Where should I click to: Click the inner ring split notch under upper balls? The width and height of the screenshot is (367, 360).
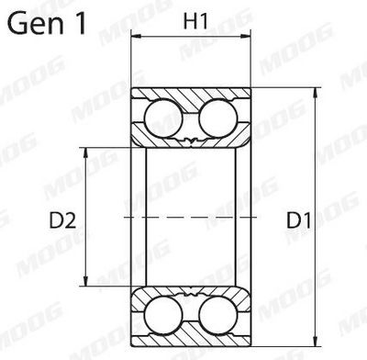pyautogui.click(x=192, y=141)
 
